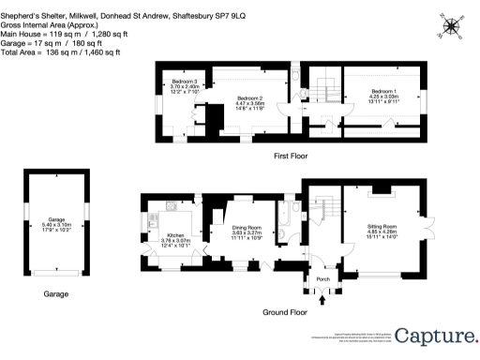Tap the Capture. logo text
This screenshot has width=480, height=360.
coord(434,336)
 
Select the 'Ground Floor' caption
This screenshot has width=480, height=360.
coord(286,311)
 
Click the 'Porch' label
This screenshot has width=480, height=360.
coord(322,278)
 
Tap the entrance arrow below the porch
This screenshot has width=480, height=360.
coord(323,301)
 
